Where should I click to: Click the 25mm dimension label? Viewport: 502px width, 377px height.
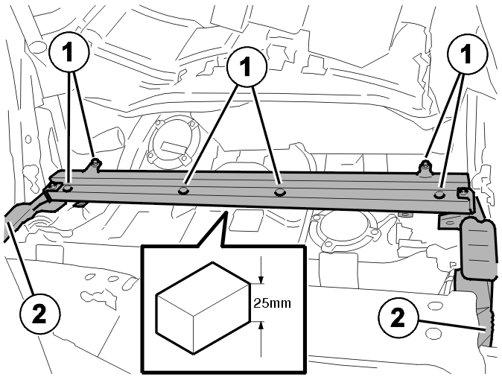[x=272, y=302]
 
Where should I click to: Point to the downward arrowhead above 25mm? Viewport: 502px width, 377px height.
[x=261, y=279]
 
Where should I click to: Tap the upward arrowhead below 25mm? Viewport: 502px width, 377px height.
[x=261, y=326]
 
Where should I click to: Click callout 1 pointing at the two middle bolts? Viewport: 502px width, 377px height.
[x=247, y=67]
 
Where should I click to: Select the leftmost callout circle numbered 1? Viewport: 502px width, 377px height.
[x=69, y=52]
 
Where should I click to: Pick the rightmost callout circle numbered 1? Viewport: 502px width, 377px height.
[x=467, y=54]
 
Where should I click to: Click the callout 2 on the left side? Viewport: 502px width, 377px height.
[x=40, y=314]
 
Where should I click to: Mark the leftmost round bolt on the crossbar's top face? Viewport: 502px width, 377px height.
[x=68, y=188]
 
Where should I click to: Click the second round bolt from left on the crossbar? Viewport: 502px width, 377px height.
[x=182, y=191]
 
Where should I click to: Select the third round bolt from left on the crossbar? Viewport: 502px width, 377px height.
[x=280, y=192]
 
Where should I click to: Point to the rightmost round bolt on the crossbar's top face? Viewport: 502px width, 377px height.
[x=438, y=194]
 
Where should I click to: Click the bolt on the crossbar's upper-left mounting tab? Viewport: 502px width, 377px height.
[x=95, y=163]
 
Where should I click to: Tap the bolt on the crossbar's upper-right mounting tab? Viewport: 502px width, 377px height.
[x=425, y=165]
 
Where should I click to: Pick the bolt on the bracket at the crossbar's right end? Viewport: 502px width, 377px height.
[x=463, y=192]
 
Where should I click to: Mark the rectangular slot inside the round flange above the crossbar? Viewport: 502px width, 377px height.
[x=171, y=147]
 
